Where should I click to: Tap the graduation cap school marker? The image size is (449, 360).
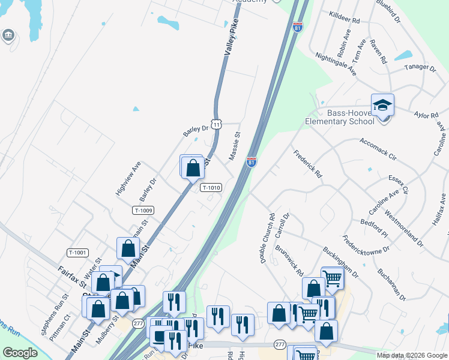point(382,106)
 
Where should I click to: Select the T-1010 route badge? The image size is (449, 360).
point(211,187)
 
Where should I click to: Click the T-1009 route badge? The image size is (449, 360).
point(143,210)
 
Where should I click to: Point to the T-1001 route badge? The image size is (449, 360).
point(78,253)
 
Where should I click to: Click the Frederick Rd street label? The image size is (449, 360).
point(307,164)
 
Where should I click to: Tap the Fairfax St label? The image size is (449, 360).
point(71,276)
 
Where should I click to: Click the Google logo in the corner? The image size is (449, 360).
point(20,353)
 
